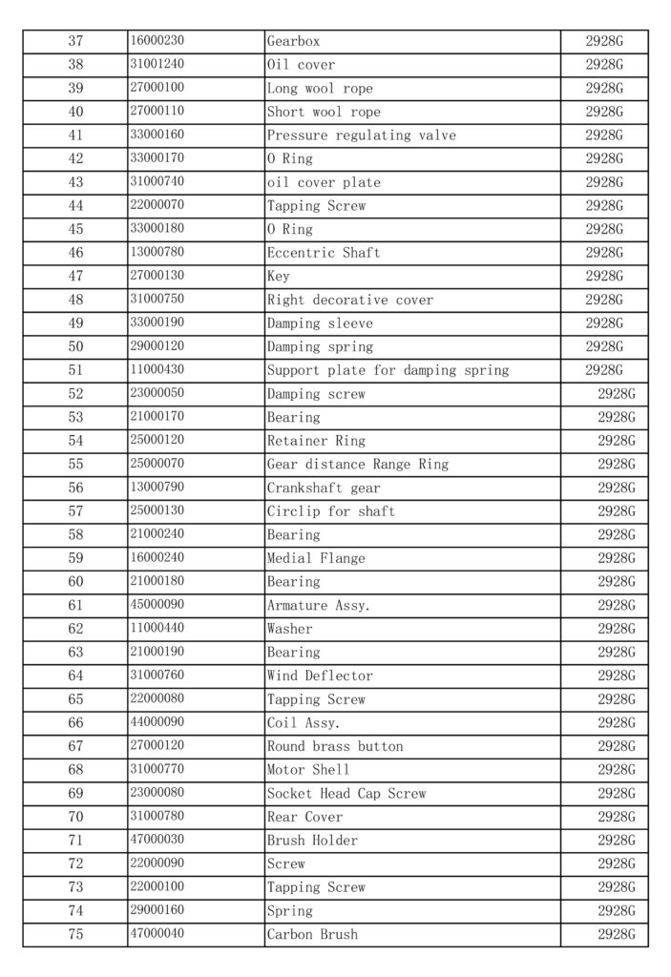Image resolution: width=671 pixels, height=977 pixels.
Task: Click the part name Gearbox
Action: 293,42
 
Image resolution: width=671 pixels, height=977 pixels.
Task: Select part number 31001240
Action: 157,65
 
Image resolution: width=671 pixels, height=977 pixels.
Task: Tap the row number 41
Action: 75,135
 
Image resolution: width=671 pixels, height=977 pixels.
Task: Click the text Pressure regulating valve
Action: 361,135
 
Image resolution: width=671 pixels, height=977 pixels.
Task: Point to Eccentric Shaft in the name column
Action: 323,253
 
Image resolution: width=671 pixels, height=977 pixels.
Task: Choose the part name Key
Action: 278,277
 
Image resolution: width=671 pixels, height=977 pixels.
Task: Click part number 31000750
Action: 157,300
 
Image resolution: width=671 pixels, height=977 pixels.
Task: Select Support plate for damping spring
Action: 388,370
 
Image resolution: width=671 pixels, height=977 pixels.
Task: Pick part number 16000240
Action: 157,558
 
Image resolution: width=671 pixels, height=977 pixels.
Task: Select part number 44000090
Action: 157,722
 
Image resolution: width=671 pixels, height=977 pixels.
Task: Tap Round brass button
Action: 334,746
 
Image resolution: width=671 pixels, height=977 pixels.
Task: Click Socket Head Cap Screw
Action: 346,793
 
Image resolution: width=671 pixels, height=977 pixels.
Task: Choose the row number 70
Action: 75,817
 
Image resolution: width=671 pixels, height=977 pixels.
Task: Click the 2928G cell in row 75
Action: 616,934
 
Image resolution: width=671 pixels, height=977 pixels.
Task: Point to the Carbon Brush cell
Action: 312,934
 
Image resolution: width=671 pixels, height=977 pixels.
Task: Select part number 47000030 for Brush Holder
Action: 157,840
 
